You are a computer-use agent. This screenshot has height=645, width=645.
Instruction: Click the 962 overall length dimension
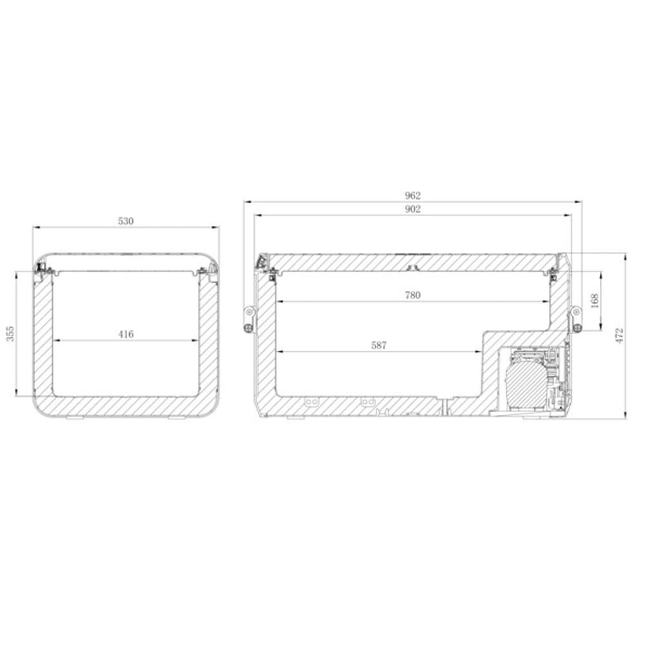[x=413, y=196]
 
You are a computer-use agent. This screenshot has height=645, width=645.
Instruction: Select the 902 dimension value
[x=413, y=210]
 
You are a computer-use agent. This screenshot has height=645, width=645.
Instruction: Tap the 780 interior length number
[x=413, y=295]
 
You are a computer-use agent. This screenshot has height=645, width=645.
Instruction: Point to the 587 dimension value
[x=379, y=346]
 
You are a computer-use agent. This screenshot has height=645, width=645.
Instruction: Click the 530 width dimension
[x=126, y=221]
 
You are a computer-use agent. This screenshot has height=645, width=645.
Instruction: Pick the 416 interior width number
[x=126, y=334]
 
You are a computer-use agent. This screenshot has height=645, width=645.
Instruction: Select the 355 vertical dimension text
[x=11, y=333]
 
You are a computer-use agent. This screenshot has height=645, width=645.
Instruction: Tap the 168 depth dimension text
[x=595, y=301]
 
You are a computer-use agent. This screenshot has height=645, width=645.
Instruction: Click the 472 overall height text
[x=619, y=335]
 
